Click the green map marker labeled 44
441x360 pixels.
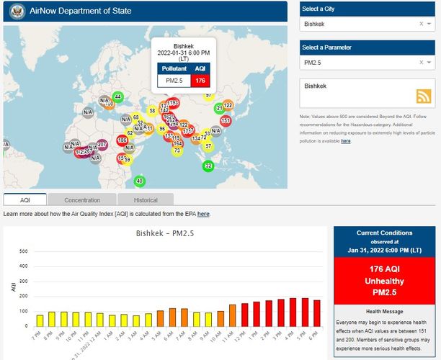point(117,97)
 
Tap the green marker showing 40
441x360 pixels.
point(139,180)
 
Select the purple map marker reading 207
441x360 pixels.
point(102,145)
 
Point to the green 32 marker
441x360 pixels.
point(208,166)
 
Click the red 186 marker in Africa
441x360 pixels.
point(122,140)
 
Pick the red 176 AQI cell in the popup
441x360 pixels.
point(200,81)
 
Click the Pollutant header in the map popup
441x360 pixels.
point(174,68)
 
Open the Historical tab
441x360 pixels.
point(146,199)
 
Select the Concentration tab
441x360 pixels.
point(82,199)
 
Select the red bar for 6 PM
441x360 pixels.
point(317,313)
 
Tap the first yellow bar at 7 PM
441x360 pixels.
point(40,320)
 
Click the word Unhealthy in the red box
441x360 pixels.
point(383,281)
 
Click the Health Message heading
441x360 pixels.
point(383,311)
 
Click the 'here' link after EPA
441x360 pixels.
point(203,214)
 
